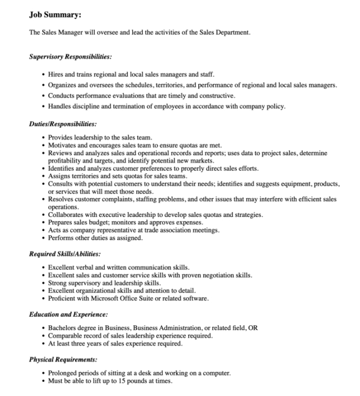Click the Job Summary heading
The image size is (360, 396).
55,15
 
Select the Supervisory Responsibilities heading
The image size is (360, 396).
70,56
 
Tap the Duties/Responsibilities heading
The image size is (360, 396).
63,124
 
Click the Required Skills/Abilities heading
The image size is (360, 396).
65,254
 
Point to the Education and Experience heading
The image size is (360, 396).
69,314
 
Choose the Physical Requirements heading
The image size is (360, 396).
63,360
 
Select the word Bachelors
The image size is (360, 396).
64,328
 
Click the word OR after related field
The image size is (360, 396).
253,328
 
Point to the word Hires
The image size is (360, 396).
57,75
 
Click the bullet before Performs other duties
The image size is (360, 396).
43,238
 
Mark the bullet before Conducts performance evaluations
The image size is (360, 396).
43,96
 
